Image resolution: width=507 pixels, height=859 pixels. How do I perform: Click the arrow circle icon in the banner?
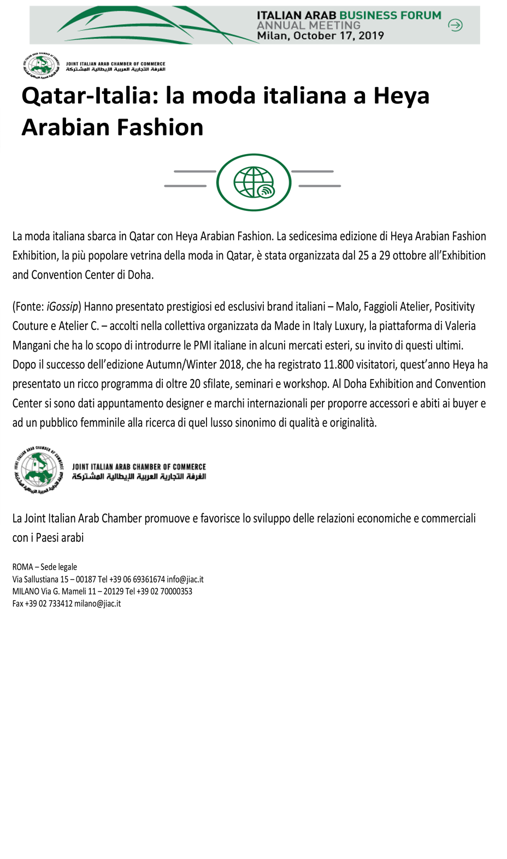455,25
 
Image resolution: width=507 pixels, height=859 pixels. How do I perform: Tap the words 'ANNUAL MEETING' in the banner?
309,26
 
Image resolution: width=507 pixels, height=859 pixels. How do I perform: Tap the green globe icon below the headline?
253,182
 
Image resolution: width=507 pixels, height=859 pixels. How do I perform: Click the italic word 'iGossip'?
62,307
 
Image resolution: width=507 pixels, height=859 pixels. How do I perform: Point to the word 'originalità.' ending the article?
353,423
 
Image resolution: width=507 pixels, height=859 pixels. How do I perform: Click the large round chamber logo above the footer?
38,471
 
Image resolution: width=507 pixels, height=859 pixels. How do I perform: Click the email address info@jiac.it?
185,579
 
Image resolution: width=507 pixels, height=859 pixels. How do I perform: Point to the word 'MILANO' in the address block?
26,591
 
